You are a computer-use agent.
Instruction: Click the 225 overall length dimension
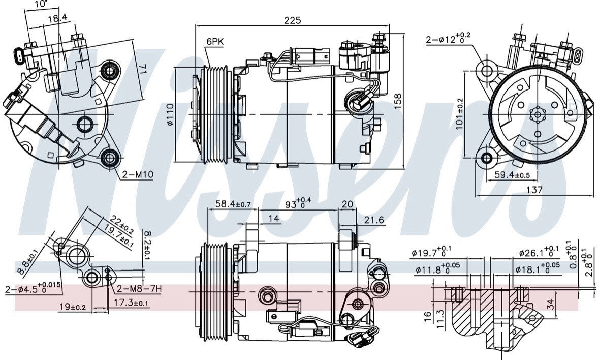coord(293,20)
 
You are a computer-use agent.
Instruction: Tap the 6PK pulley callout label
coord(214,42)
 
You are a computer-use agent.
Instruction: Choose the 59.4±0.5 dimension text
coord(508,175)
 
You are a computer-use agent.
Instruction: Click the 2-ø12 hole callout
coord(448,39)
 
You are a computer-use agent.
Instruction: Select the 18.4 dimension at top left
coord(57,18)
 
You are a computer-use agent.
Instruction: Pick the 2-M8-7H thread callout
coord(139,289)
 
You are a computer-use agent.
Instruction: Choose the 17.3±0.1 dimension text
coord(131,303)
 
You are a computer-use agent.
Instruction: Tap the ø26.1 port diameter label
coord(538,253)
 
